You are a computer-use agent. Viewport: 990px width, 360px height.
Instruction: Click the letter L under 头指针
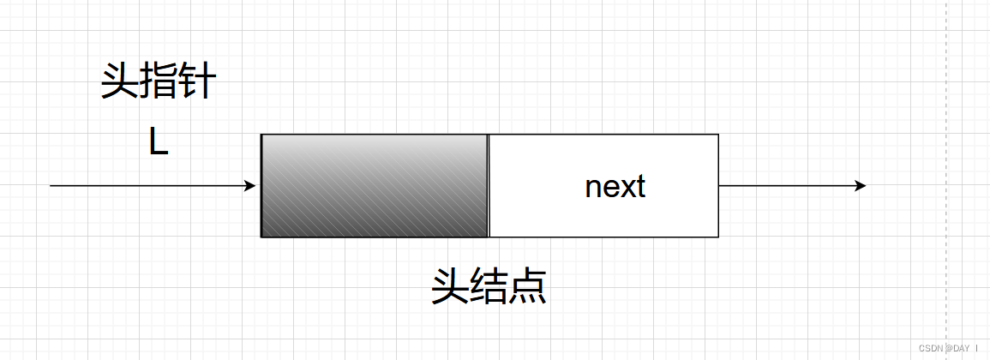pyautogui.click(x=159, y=142)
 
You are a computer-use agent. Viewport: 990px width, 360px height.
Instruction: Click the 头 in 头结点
pyautogui.click(x=450, y=288)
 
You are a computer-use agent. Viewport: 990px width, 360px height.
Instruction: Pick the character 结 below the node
pyautogui.click(x=489, y=288)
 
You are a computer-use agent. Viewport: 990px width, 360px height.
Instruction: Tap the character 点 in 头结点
pyautogui.click(x=527, y=288)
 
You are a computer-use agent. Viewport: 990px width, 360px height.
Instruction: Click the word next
pyautogui.click(x=615, y=186)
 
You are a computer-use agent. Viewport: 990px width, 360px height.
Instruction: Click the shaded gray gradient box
pyautogui.click(x=375, y=185)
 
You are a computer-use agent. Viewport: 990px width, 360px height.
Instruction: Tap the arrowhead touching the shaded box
pyautogui.click(x=251, y=185)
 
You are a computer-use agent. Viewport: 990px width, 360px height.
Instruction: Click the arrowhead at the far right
pyautogui.click(x=860, y=185)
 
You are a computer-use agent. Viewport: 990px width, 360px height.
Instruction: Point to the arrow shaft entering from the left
pyautogui.click(x=146, y=185)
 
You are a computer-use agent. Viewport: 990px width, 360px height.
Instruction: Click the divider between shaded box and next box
pyautogui.click(x=488, y=185)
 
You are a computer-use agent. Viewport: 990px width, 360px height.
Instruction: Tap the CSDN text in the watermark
pyautogui.click(x=930, y=349)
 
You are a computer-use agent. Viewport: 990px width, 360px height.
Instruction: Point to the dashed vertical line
pyautogui.click(x=947, y=171)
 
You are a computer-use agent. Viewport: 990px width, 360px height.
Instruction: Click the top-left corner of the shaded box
pyautogui.click(x=261, y=135)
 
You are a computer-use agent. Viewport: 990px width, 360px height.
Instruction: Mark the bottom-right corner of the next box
pyautogui.click(x=718, y=237)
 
